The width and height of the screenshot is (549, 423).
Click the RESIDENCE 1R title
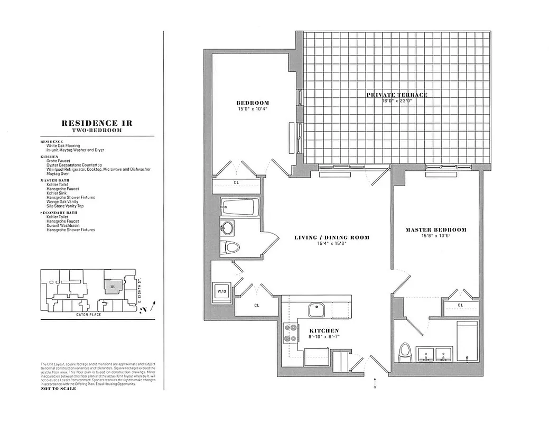[x=97, y=123]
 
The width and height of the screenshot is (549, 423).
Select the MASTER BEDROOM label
[x=436, y=230]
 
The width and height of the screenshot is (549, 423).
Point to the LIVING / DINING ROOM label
[x=332, y=238]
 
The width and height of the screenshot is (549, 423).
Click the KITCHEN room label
[x=325, y=330]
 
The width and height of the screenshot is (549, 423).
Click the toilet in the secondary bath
[x=231, y=247]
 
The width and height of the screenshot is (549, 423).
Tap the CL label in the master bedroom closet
[x=460, y=305]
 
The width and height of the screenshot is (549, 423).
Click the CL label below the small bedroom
[x=235, y=183]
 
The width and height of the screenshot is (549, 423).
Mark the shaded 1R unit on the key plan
[x=111, y=286]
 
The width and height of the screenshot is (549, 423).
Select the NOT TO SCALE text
[x=59, y=389]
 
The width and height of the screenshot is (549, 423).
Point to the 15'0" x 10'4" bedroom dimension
[x=252, y=109]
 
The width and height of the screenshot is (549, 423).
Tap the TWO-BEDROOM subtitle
[x=97, y=130]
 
